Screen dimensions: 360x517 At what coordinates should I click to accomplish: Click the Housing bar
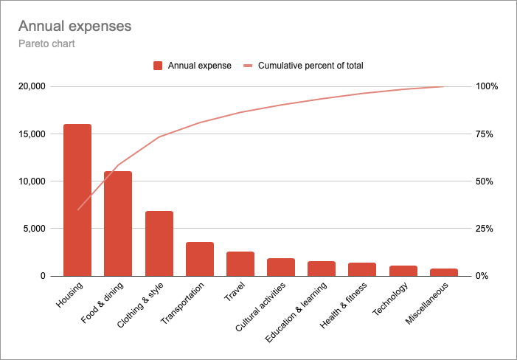coord(77,200)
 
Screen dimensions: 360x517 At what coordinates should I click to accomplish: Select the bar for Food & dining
coord(118,224)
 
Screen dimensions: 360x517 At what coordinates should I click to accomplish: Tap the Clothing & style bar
coord(159,243)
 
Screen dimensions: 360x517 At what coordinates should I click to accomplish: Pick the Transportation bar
coord(199,259)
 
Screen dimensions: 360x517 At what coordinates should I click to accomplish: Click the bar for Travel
coord(240,264)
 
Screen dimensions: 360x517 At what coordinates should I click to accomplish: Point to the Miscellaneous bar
coord(444,272)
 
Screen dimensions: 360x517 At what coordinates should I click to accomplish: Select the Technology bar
coord(403,271)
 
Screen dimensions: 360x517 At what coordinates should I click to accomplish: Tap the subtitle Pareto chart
coord(47,44)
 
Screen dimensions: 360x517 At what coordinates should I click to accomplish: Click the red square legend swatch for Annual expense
coord(158,66)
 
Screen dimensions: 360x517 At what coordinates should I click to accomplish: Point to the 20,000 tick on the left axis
coord(32,86)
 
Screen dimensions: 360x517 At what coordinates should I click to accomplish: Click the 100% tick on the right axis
coord(487,86)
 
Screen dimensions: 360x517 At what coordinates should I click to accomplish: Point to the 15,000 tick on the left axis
coord(32,134)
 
